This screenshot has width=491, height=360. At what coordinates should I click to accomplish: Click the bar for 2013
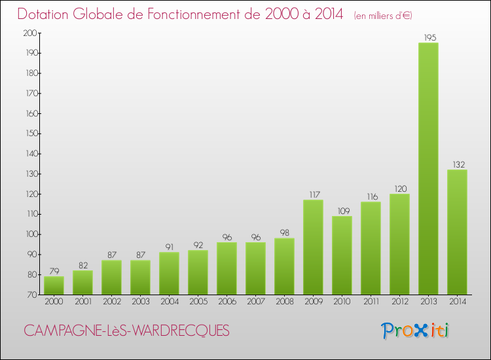428,169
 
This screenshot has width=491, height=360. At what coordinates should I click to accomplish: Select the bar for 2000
54,285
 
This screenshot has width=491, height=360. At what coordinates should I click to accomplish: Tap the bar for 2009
313,247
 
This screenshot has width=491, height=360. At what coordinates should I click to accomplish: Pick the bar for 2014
457,232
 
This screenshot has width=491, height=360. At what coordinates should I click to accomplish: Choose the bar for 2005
198,272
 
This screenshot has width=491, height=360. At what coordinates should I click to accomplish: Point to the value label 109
342,211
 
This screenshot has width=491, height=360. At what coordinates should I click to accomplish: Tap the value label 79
54,271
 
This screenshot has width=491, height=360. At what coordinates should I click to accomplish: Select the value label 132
457,164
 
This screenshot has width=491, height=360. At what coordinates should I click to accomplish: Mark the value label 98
284,233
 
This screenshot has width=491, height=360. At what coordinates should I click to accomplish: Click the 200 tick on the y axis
31,33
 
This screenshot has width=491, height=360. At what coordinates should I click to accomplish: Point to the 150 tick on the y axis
31,134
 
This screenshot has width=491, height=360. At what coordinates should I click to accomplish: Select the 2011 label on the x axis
371,302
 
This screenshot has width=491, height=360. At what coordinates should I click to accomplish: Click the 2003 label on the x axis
140,302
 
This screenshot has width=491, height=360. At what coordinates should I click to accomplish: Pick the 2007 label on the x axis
255,302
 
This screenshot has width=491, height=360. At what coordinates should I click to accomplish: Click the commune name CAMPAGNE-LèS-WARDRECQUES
127,331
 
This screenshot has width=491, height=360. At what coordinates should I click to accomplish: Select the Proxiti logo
416,331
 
